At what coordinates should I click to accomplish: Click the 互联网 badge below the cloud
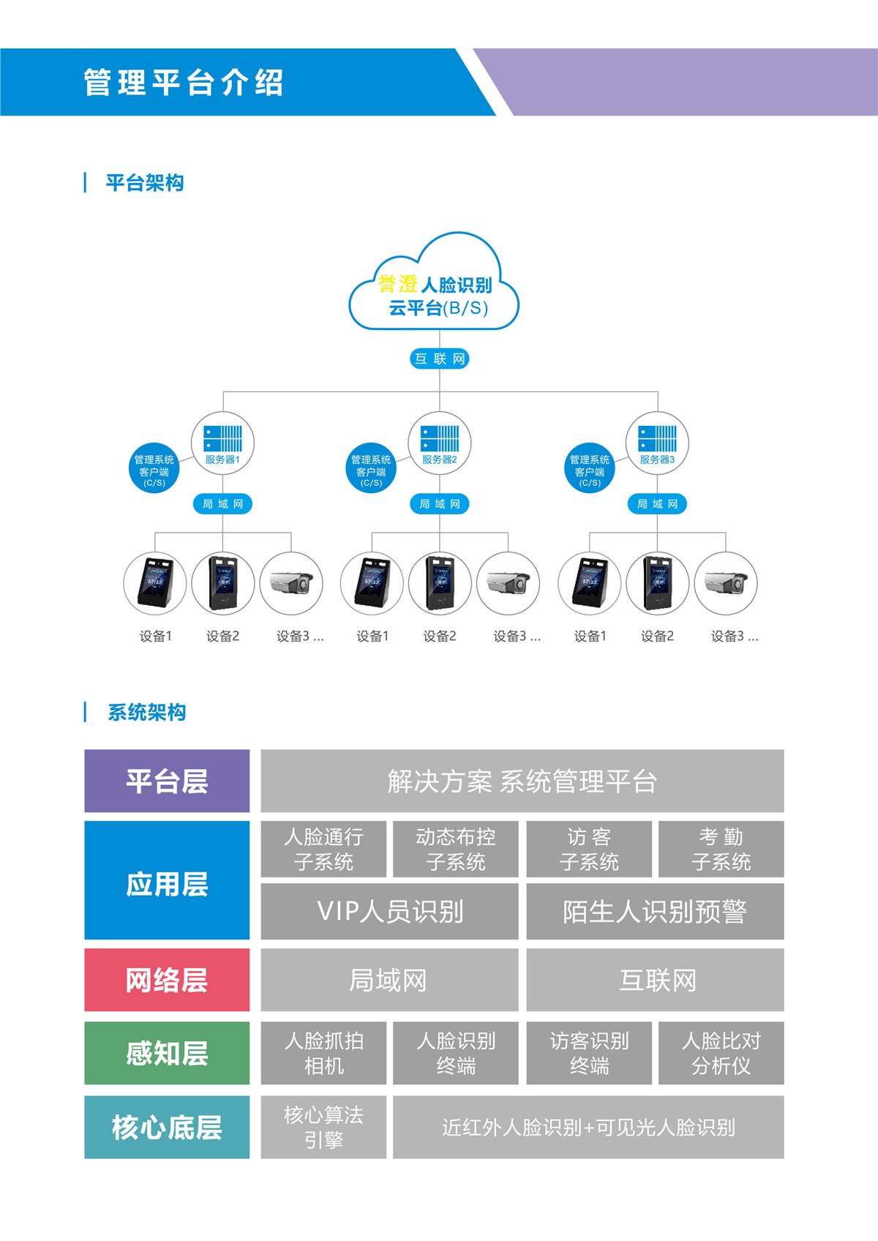[x=439, y=359]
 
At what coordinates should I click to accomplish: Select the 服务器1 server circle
[x=222, y=443]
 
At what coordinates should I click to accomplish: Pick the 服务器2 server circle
[x=440, y=443]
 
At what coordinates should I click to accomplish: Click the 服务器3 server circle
[x=657, y=443]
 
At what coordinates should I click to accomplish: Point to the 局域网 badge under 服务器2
[x=440, y=504]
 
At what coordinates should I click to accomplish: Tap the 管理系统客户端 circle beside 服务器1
[x=154, y=468]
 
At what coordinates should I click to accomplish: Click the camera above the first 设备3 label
[x=291, y=583]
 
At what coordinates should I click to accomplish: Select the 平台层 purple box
[x=167, y=781]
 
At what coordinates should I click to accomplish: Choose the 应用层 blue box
[x=167, y=880]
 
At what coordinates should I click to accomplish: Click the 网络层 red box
[x=167, y=980]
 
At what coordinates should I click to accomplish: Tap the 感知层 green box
[x=167, y=1053]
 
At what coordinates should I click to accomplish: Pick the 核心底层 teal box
[x=167, y=1127]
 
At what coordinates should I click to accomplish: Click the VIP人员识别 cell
[x=390, y=912]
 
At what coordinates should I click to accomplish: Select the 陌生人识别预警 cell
[x=655, y=912]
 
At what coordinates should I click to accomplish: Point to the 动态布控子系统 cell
[x=456, y=849]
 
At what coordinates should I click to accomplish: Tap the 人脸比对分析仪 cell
[x=721, y=1053]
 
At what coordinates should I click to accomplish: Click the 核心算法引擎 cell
[x=323, y=1127]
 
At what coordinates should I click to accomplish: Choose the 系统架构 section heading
[x=146, y=712]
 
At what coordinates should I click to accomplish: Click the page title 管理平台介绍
[x=184, y=82]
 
